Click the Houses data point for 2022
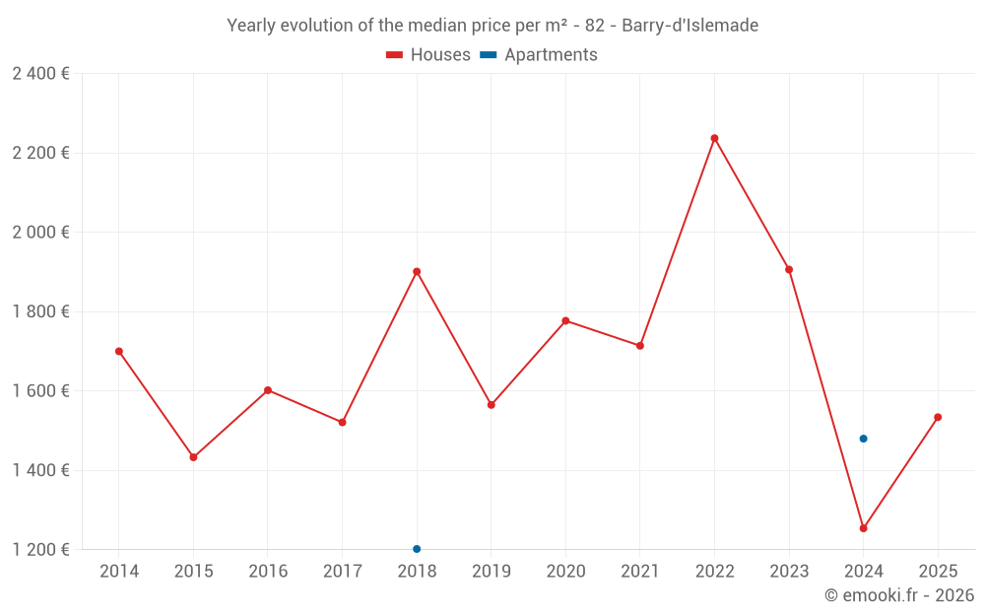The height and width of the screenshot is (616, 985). pos(714,138)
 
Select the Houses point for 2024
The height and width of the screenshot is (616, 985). pos(863,528)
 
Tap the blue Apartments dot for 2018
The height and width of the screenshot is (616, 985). pos(417,549)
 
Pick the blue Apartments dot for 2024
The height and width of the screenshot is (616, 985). pos(863,439)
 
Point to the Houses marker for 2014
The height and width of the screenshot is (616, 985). pos(119,351)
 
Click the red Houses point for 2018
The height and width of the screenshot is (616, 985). pos(417,271)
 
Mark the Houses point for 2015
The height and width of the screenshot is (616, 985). pos(193,457)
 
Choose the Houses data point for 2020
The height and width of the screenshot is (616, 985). pos(565,320)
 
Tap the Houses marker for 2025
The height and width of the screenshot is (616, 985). pos(938,417)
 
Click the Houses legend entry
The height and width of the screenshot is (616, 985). pos(428,55)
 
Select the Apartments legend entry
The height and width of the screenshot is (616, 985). pos(540,55)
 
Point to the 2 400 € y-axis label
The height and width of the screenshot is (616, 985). pos(40,74)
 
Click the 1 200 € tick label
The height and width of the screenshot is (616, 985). pos(40,549)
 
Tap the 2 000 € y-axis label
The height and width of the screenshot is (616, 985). pos(40,233)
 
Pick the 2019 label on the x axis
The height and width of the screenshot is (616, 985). pos(491,571)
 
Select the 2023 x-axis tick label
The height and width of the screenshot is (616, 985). pos(789,571)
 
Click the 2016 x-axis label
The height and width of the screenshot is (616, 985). pos(268,571)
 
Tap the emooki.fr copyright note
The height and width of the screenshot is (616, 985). pos(898,595)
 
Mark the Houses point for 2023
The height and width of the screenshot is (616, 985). pos(789,269)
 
